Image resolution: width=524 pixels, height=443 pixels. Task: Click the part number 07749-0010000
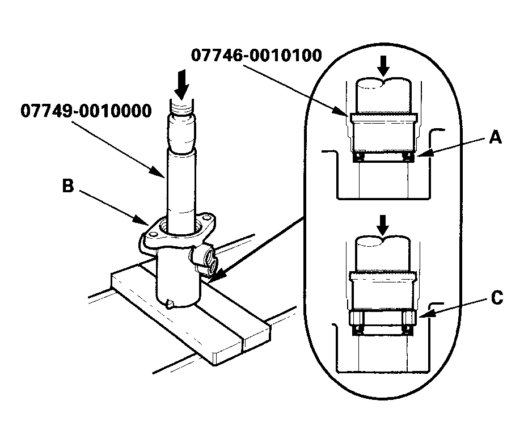click(86, 110)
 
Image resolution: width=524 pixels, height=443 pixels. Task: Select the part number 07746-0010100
click(256, 56)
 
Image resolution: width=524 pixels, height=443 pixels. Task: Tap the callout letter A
click(495, 137)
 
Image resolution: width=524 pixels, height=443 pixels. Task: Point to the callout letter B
click(68, 187)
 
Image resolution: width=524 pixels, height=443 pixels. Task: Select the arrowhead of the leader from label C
click(422, 313)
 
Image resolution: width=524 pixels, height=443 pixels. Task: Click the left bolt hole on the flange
click(151, 231)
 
